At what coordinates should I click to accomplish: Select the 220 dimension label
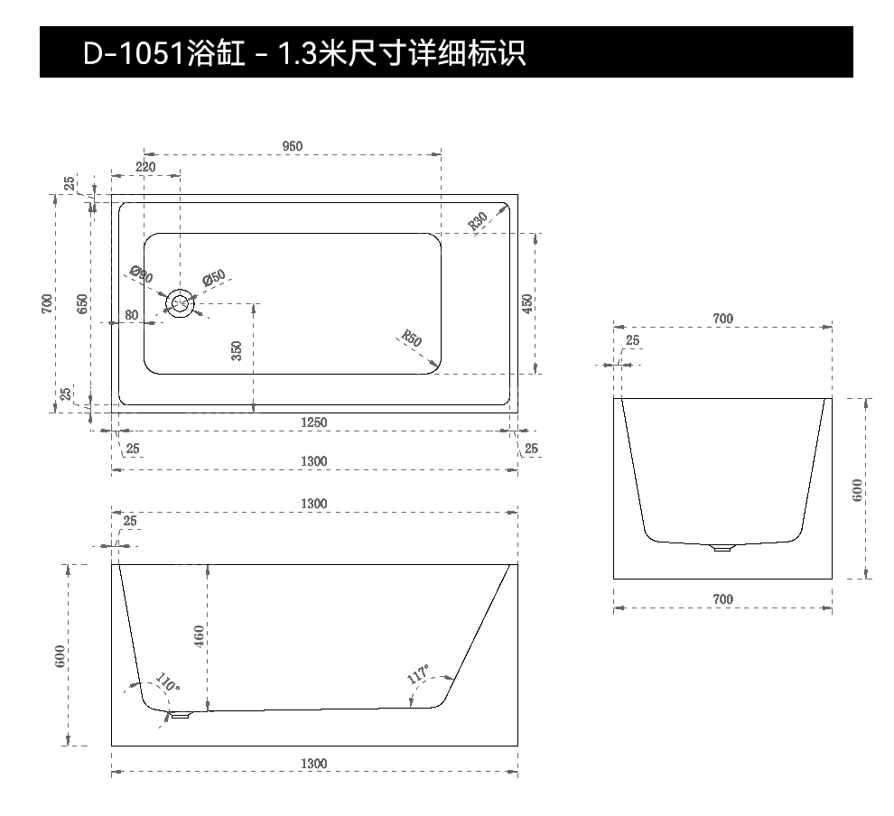pyautogui.click(x=145, y=167)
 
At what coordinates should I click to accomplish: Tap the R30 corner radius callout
pyautogui.click(x=478, y=222)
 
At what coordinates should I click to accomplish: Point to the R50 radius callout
pyautogui.click(x=411, y=339)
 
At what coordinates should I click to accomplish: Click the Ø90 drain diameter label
pyautogui.click(x=142, y=274)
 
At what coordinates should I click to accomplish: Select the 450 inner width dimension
pyautogui.click(x=528, y=303)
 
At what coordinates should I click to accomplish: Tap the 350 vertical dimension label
pyautogui.click(x=237, y=350)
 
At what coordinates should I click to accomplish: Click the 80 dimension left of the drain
pyautogui.click(x=132, y=315)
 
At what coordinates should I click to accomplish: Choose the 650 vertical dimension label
pyautogui.click(x=83, y=303)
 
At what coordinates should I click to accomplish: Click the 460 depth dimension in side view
pyautogui.click(x=200, y=636)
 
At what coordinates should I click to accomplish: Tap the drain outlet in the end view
pyautogui.click(x=722, y=547)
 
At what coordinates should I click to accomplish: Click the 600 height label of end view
pyautogui.click(x=858, y=489)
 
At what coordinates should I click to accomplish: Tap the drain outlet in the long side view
pyautogui.click(x=181, y=714)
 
